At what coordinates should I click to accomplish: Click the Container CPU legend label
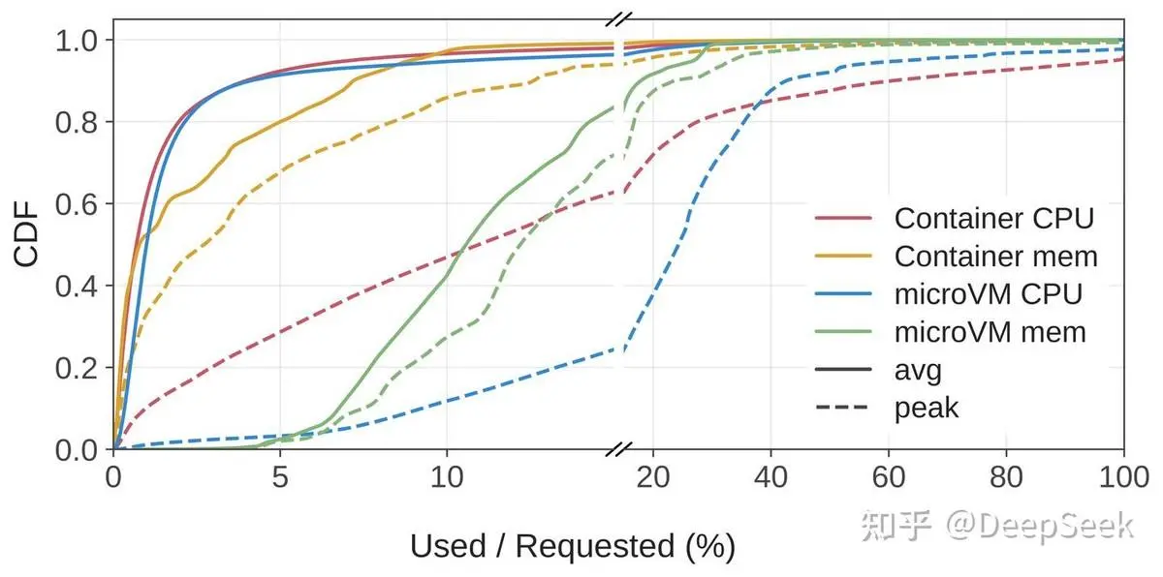click(x=993, y=218)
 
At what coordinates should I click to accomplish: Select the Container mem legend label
click(x=996, y=257)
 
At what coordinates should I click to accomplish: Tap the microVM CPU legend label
click(x=988, y=294)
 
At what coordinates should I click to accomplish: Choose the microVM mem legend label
click(x=990, y=332)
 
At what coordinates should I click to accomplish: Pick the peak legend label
click(x=927, y=409)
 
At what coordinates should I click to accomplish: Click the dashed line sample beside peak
click(x=842, y=408)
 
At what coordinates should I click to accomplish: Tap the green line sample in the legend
click(x=843, y=332)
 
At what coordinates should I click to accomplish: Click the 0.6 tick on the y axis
click(x=77, y=204)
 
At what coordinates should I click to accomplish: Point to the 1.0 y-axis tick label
click(x=77, y=40)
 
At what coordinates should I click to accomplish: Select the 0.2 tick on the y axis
click(x=77, y=368)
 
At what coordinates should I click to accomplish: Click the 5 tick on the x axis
click(x=280, y=477)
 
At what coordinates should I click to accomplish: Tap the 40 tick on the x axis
click(x=770, y=477)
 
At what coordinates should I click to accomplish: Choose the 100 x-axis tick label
click(x=1124, y=477)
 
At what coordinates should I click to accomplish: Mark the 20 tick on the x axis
click(x=652, y=477)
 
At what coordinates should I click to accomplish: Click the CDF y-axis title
click(x=26, y=234)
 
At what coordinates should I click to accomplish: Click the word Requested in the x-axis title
click(x=595, y=546)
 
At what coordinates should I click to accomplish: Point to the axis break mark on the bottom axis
click(x=619, y=449)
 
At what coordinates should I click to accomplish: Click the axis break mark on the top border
click(x=619, y=19)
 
